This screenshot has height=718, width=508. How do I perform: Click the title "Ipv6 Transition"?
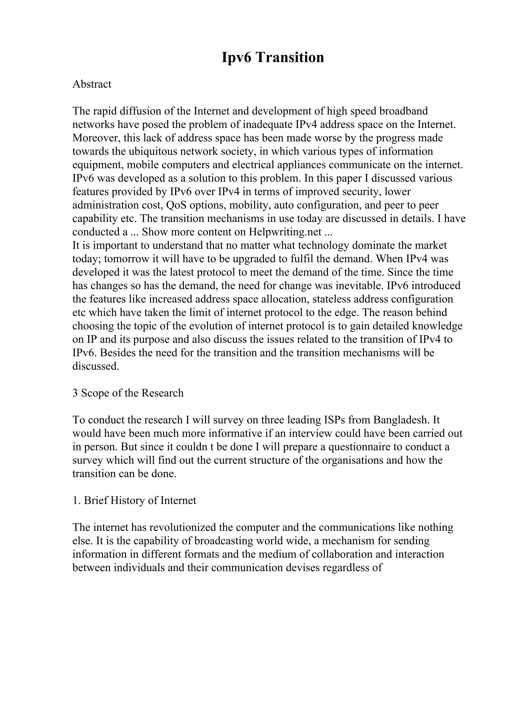[x=273, y=57]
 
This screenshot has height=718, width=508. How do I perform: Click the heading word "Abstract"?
[x=92, y=84]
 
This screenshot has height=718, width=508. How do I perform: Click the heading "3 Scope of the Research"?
[x=128, y=393]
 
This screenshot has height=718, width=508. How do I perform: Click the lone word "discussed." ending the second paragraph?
[x=96, y=366]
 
